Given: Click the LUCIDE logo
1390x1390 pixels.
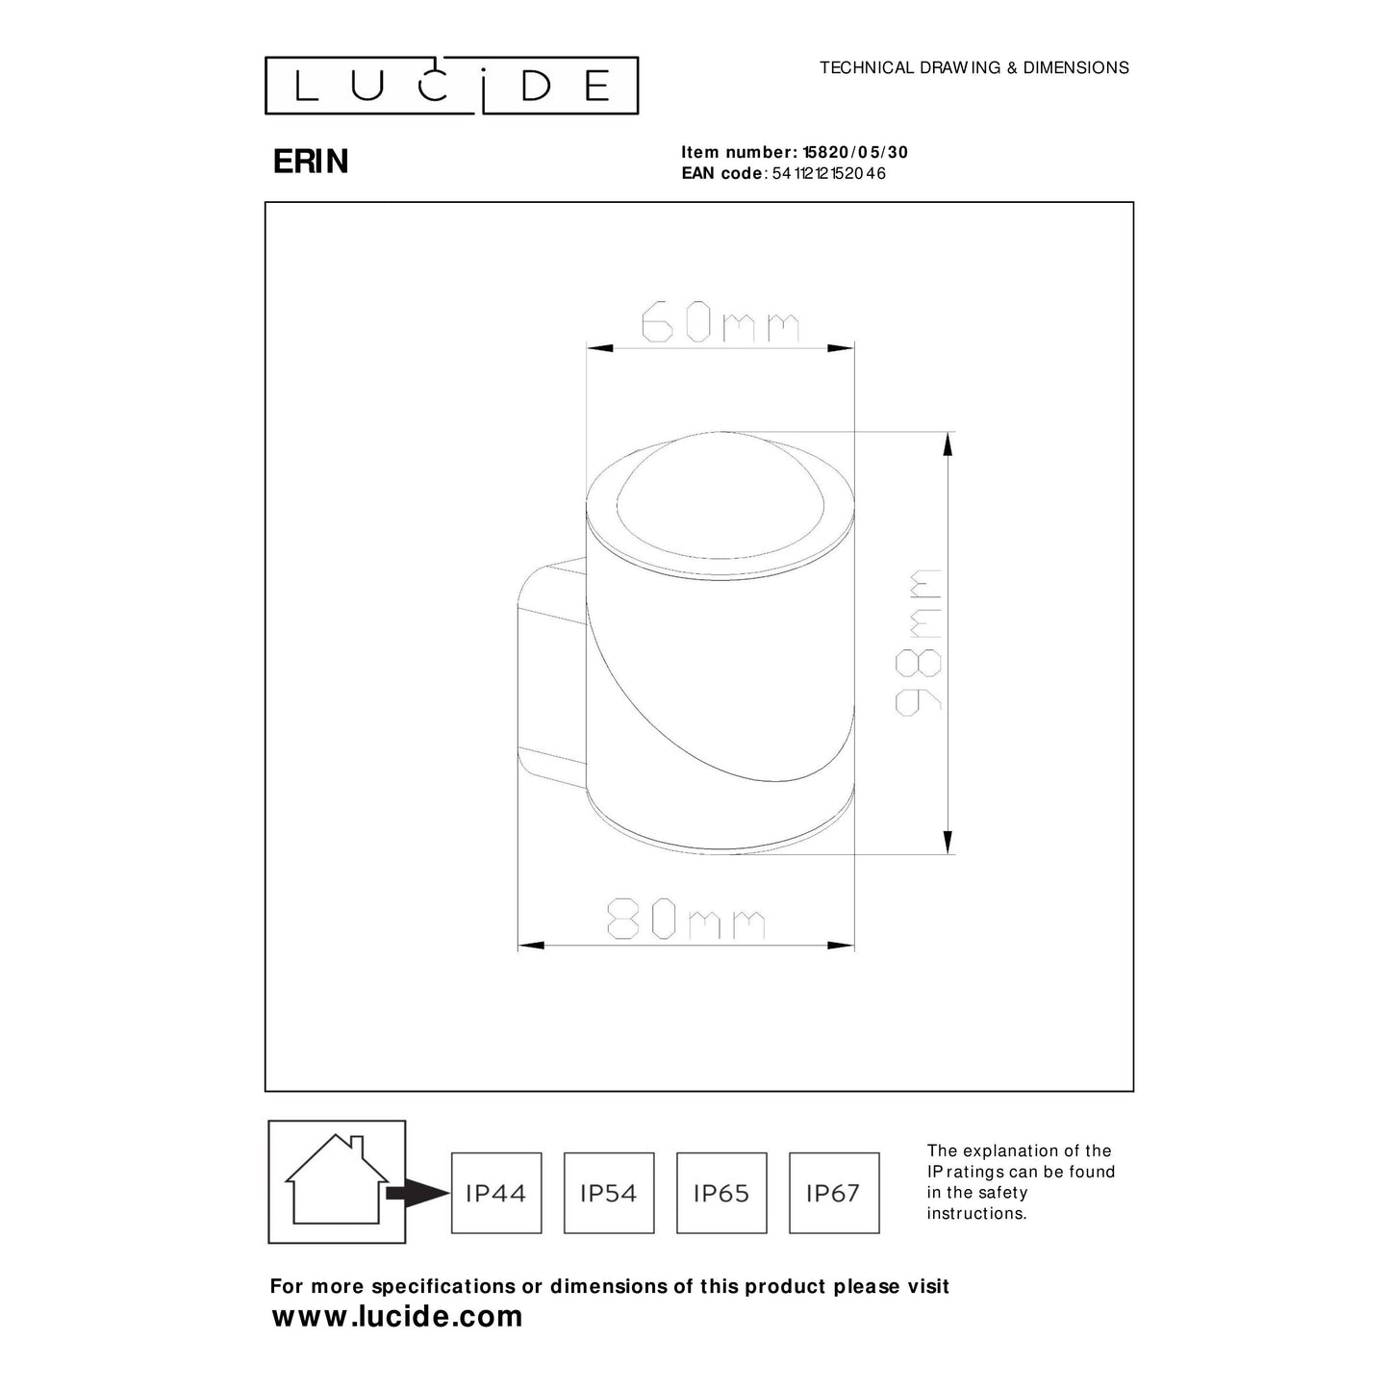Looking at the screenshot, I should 451,86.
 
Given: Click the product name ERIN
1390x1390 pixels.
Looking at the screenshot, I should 311,162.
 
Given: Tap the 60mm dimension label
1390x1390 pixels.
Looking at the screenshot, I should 720,323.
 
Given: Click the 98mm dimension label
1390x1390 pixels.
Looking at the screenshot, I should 919,642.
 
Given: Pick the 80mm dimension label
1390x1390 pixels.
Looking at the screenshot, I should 686,921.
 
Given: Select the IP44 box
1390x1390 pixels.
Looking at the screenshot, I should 496,1193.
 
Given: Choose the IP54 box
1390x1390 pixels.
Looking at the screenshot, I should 609,1193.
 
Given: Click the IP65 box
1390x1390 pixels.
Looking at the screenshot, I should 721,1193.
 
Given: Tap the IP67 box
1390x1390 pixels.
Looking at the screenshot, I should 834,1193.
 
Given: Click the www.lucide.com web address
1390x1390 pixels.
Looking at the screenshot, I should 397,1316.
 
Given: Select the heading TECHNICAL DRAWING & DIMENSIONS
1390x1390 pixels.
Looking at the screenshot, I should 973,68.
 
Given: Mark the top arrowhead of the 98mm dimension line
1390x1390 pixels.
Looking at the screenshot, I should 948,443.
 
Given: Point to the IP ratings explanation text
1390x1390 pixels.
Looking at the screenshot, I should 1021,1182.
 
